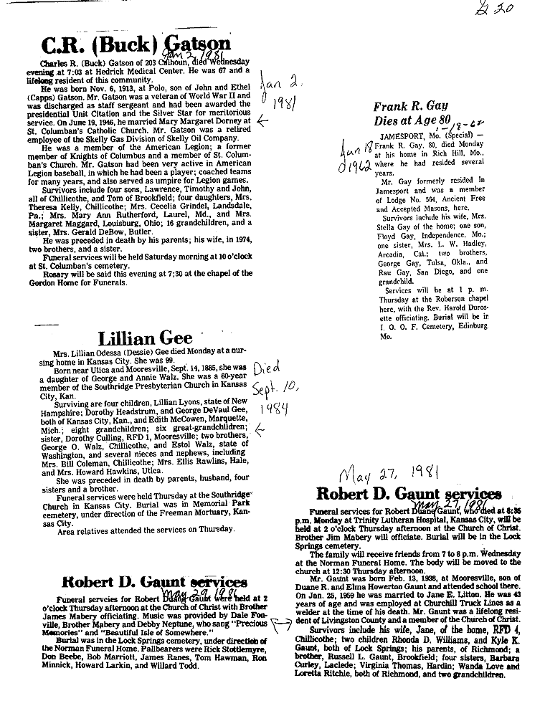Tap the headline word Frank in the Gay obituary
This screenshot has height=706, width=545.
click(x=392, y=108)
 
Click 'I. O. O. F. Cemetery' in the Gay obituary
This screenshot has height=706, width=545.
click(x=414, y=325)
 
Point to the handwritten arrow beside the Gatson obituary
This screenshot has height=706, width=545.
click(x=262, y=122)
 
